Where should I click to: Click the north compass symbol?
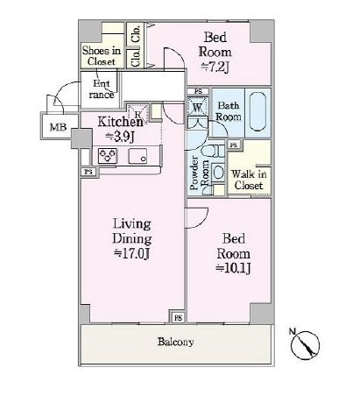[305, 344]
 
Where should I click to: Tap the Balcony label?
[176, 342]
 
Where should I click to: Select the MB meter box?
[59, 127]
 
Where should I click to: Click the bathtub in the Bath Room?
[258, 112]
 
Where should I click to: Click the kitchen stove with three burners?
[108, 156]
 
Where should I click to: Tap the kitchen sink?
[138, 156]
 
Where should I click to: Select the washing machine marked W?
[198, 106]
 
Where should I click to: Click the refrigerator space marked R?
[138, 112]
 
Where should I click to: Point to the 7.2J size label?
[215, 67]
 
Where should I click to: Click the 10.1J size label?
[233, 268]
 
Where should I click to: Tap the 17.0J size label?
[132, 253]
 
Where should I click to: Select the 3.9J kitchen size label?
[120, 137]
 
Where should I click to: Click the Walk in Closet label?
[249, 180]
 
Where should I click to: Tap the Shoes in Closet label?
[101, 56]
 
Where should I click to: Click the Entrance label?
[102, 89]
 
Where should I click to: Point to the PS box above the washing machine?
[198, 91]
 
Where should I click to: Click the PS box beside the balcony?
[178, 316]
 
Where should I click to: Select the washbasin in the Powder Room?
[218, 172]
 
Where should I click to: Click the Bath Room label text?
[229, 111]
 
